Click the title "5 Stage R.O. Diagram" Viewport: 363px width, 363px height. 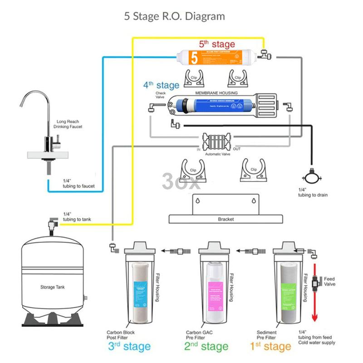point(175,17)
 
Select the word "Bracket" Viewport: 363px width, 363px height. point(226,219)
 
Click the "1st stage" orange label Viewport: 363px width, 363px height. point(271,347)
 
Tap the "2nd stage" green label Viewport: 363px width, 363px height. point(206,347)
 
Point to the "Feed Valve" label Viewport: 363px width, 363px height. point(330,281)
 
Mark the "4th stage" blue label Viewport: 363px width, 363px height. point(155,85)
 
